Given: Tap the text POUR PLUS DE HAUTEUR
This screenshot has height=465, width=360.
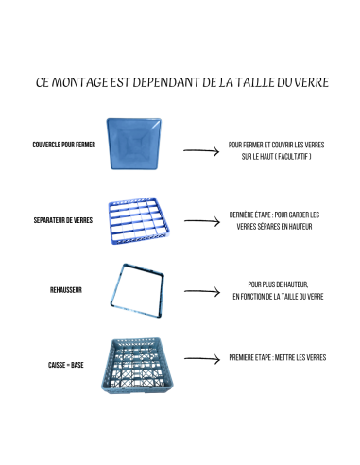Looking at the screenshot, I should point(278,283).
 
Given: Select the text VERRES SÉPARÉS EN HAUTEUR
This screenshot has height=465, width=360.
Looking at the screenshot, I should point(276,227).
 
